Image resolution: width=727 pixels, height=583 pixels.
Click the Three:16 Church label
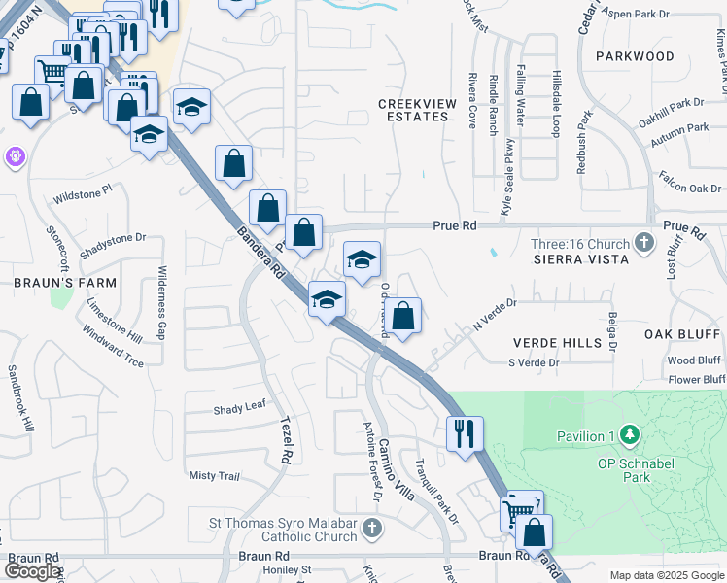click(580, 243)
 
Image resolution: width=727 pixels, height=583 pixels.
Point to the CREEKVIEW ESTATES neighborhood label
click(413, 109)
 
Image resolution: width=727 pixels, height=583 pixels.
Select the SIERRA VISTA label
click(580, 258)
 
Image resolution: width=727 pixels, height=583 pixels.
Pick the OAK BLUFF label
click(683, 334)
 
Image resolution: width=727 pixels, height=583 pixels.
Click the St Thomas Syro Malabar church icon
click(369, 529)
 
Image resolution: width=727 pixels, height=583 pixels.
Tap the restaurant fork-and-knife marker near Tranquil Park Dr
click(465, 431)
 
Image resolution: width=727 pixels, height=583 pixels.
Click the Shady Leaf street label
click(240, 408)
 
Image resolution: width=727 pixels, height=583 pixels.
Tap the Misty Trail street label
click(214, 475)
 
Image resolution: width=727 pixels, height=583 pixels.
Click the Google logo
click(32, 571)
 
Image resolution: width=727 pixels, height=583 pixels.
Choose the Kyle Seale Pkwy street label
click(507, 176)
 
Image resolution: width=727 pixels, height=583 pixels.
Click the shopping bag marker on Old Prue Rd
click(403, 315)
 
